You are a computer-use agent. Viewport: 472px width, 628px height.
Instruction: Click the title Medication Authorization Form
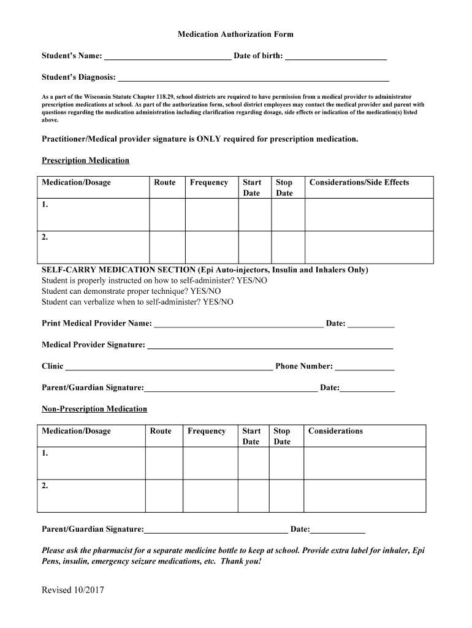pyautogui.click(x=235, y=34)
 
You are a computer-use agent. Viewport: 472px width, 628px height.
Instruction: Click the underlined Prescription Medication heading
pyautogui.click(x=85, y=161)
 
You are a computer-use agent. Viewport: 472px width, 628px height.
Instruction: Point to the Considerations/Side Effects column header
pyautogui.click(x=359, y=182)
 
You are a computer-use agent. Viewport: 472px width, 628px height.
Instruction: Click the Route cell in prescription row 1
pyautogui.click(x=167, y=215)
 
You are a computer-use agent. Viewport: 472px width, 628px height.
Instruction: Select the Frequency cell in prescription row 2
pyautogui.click(x=211, y=247)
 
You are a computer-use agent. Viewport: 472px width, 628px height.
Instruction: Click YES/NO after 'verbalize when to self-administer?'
pyautogui.click(x=218, y=302)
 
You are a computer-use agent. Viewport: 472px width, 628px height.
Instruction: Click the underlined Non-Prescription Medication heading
pyautogui.click(x=94, y=409)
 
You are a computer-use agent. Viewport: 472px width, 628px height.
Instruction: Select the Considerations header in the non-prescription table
pyautogui.click(x=335, y=431)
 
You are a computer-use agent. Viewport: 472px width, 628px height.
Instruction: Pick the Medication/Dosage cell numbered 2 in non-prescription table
pyautogui.click(x=91, y=496)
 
